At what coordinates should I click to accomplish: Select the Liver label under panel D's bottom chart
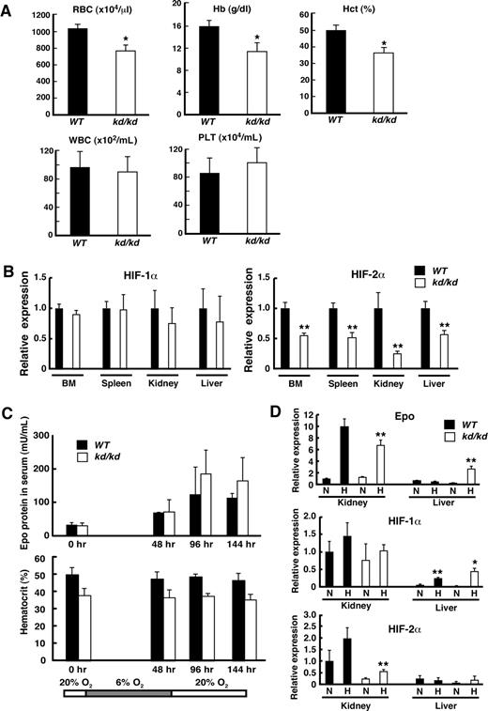coord(445,703)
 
